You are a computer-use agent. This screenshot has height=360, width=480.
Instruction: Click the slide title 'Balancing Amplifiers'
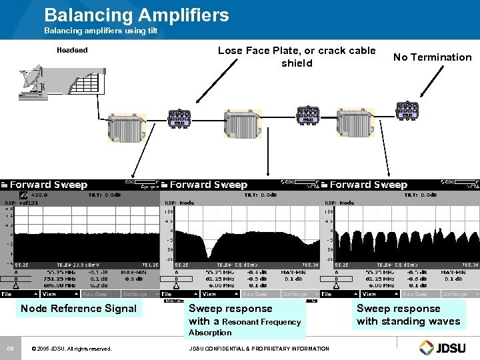(x=136, y=15)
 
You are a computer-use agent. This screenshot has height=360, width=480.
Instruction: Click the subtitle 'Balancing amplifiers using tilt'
(x=100, y=31)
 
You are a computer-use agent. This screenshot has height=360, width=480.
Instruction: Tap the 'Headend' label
(x=72, y=50)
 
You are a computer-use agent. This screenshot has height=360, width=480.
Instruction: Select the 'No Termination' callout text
(x=432, y=57)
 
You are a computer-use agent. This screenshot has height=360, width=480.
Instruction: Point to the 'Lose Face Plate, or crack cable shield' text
(x=297, y=57)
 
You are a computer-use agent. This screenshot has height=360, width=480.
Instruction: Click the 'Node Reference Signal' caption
(x=79, y=308)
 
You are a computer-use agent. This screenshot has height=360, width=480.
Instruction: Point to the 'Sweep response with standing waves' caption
(x=408, y=315)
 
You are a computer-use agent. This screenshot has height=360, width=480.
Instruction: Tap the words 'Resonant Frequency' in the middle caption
(x=261, y=322)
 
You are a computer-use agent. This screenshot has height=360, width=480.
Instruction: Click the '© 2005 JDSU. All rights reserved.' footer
(x=71, y=348)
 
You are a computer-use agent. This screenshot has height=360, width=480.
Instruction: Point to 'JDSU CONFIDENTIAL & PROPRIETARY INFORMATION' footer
(x=259, y=348)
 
